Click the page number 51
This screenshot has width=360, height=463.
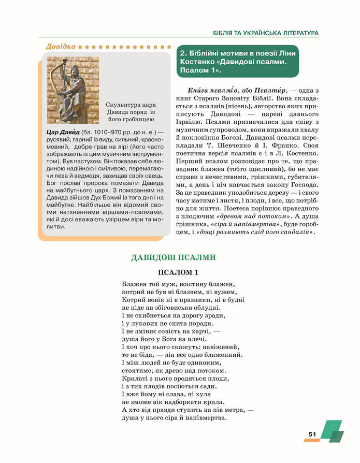pos(312,434)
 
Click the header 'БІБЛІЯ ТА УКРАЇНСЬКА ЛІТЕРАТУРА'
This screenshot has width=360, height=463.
pos(265,33)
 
